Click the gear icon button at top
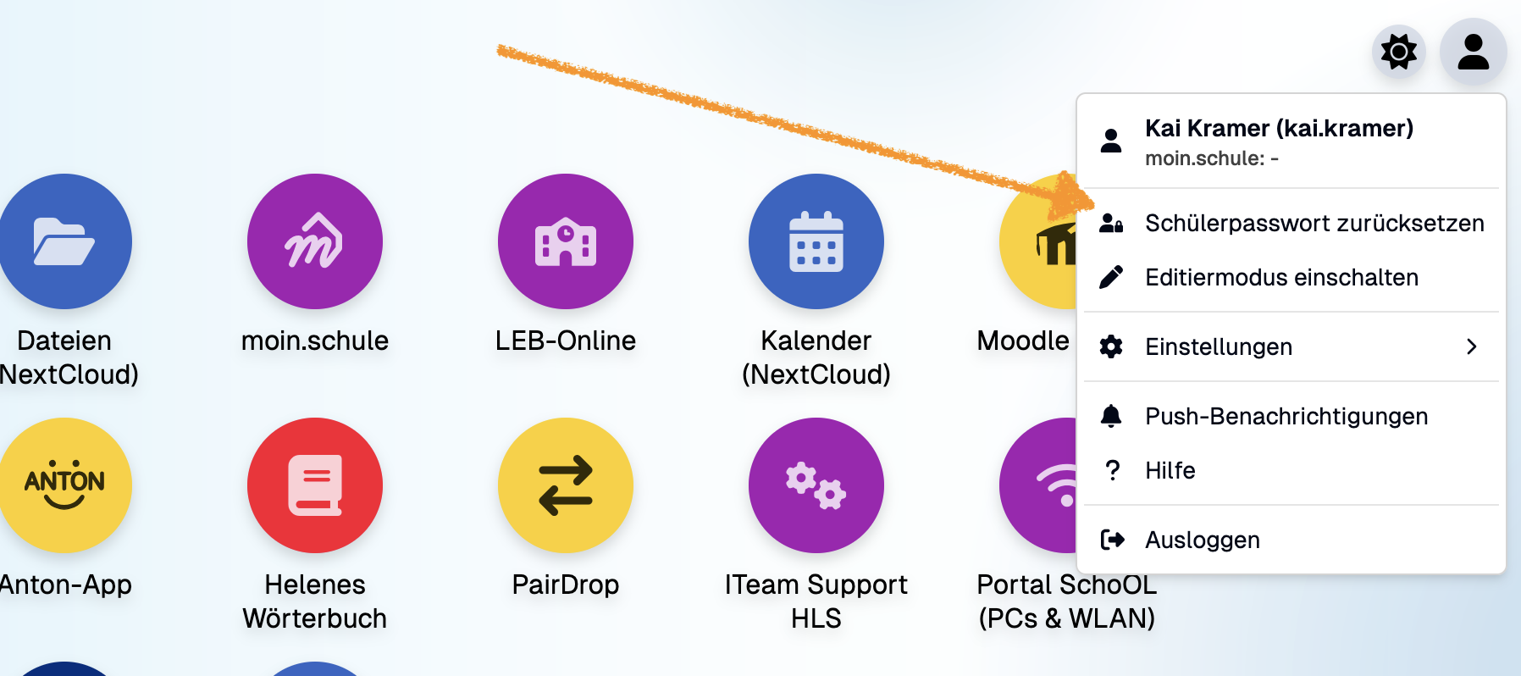click(1399, 52)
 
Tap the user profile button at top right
click(1473, 52)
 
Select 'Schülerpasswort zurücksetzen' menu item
click(1314, 223)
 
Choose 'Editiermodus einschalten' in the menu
click(1280, 277)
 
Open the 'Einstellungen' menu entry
click(1218, 346)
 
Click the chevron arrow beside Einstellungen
click(1472, 346)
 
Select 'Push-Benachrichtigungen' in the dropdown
click(1286, 416)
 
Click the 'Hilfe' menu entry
click(1170, 470)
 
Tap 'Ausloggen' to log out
click(1202, 540)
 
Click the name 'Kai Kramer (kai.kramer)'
click(1279, 128)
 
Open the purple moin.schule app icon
click(314, 241)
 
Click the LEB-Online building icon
click(565, 241)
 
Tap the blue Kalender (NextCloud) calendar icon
click(816, 241)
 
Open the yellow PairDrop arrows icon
click(565, 485)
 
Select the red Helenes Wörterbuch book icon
click(314, 485)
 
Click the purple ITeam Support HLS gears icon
click(816, 485)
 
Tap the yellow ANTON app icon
click(64, 485)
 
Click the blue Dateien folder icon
click(64, 241)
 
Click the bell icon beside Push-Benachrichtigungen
click(1111, 416)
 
